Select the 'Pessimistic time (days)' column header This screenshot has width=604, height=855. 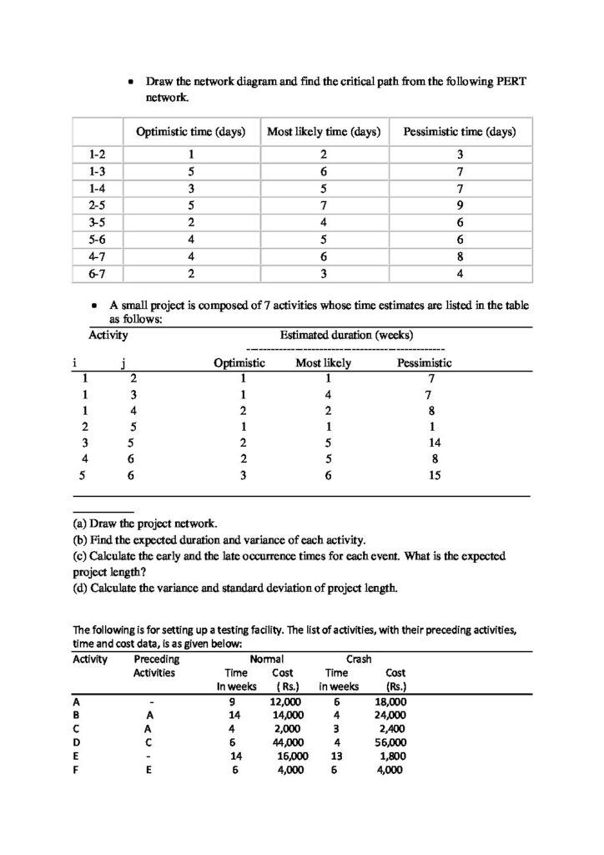pos(459,132)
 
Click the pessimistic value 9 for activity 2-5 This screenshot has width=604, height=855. pos(459,205)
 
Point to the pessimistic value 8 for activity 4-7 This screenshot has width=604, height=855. pos(459,256)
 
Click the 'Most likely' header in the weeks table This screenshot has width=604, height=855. pos(323,363)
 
